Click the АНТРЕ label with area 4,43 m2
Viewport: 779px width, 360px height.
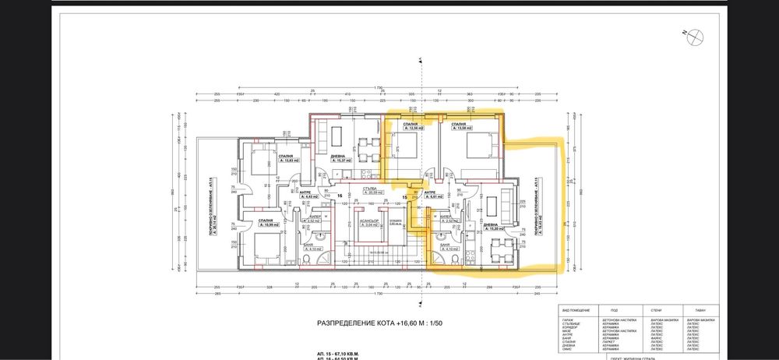click(308, 196)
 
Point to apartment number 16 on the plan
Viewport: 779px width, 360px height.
click(340, 196)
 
